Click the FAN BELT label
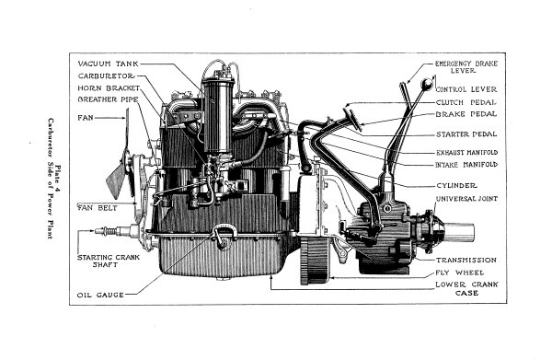pos(96,207)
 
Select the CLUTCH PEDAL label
pos(466,101)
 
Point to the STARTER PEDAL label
pos(468,134)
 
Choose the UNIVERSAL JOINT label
pos(466,197)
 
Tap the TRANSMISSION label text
pos(466,260)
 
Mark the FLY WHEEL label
pos(462,273)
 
